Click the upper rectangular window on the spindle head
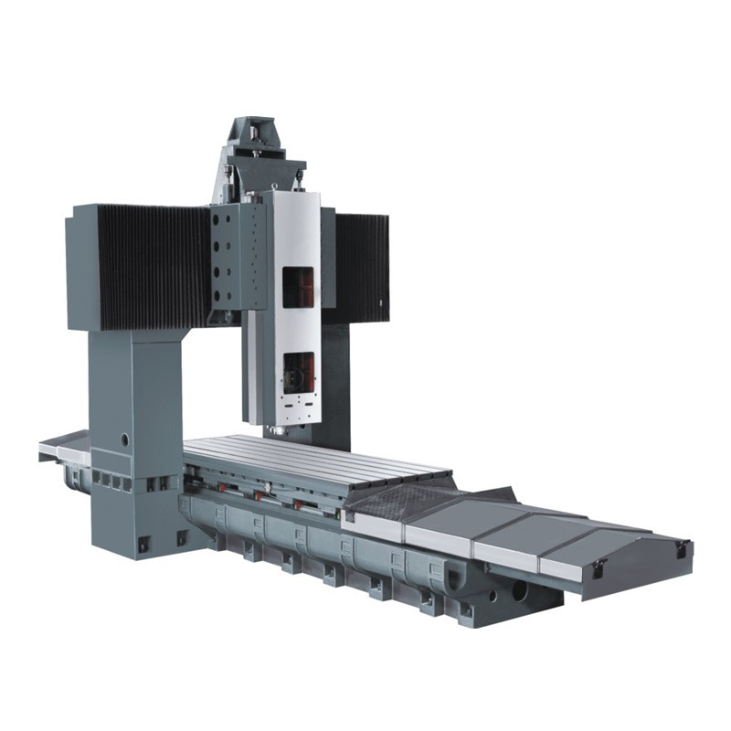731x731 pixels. click(x=298, y=287)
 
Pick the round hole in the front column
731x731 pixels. click(x=124, y=440)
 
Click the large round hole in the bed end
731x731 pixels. click(x=519, y=591)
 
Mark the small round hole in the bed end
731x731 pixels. click(x=493, y=595)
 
